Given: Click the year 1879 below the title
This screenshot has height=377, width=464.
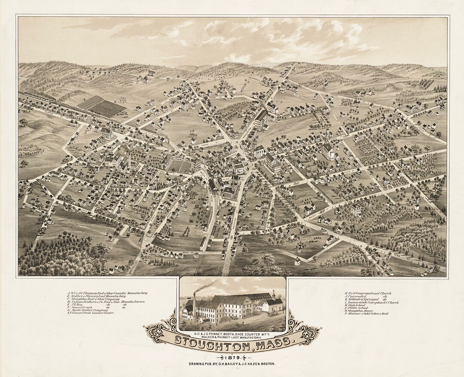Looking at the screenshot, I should tap(232, 357).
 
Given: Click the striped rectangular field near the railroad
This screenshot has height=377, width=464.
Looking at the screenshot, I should tap(101, 106).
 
